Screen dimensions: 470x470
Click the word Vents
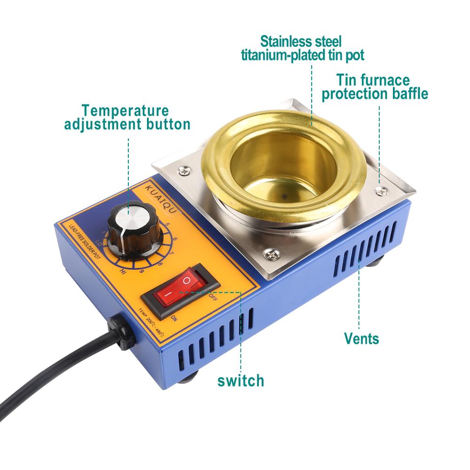(361, 337)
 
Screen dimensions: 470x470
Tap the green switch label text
(241, 379)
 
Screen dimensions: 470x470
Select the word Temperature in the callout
(125, 111)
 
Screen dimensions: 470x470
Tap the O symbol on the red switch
(187, 281)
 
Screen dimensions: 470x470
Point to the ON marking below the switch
(173, 319)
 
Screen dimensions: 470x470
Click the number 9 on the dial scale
(141, 271)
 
